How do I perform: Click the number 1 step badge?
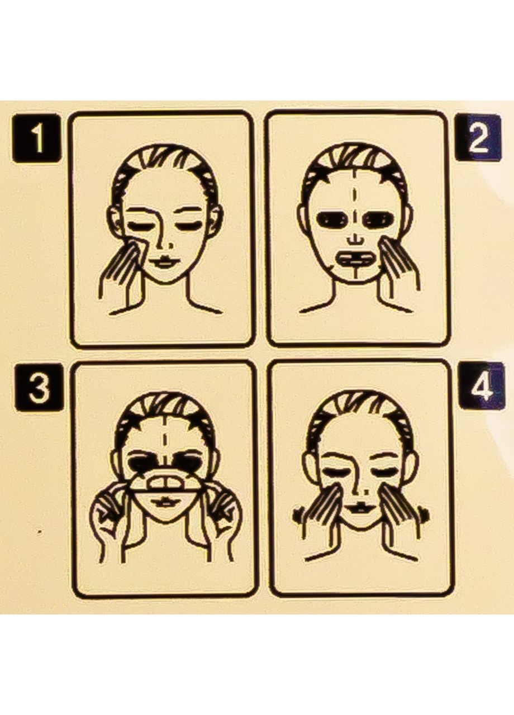pos(36,139)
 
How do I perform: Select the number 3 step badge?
pos(39,388)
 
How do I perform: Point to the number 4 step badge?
pos(482,385)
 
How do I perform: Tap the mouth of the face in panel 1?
pos(164,261)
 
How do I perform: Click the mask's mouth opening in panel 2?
pos(356,259)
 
